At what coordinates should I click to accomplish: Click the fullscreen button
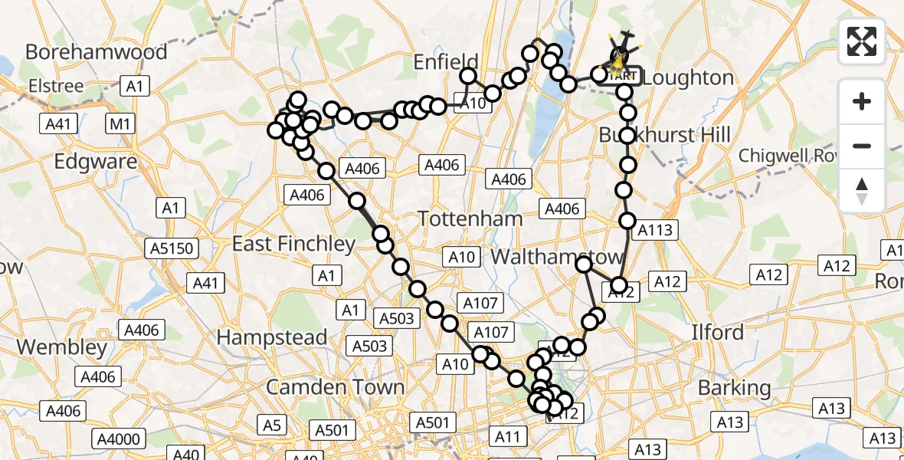click(x=862, y=41)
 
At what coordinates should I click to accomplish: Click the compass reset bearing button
click(x=862, y=191)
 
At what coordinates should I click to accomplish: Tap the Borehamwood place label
click(x=96, y=51)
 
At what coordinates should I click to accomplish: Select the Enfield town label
click(x=446, y=62)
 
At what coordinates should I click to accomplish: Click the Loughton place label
click(x=688, y=77)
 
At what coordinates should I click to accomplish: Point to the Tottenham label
click(x=470, y=219)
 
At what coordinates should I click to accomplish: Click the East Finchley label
click(x=293, y=244)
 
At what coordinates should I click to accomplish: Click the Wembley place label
click(x=62, y=347)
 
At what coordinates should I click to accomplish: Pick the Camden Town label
click(x=335, y=387)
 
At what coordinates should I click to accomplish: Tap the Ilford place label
click(x=717, y=332)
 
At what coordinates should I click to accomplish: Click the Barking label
click(x=734, y=388)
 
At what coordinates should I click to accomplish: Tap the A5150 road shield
click(x=172, y=248)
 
